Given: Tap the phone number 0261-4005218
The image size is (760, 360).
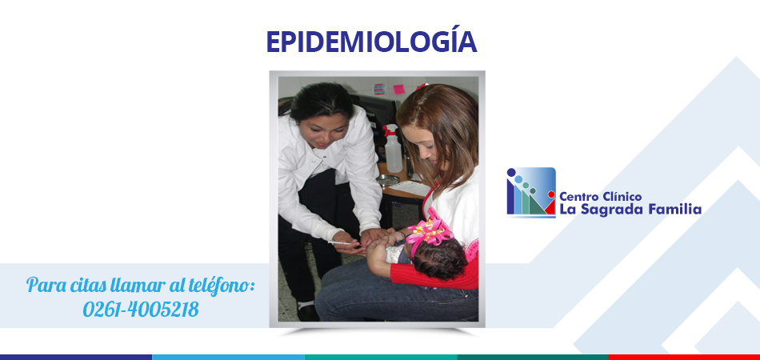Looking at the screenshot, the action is click(x=141, y=309).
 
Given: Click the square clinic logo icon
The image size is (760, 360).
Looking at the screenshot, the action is click(x=531, y=191).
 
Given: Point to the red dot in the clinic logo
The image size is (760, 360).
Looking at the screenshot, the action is click(x=551, y=194).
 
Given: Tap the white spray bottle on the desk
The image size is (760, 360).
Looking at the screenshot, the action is click(x=392, y=150).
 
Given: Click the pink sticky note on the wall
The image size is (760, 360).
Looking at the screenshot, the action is click(x=398, y=89).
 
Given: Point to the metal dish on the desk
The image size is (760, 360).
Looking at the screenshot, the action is click(x=388, y=180).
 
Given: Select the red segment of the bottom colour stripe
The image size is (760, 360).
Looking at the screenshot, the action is click(x=684, y=357).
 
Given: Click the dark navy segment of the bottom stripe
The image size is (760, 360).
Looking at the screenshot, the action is click(x=76, y=357).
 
